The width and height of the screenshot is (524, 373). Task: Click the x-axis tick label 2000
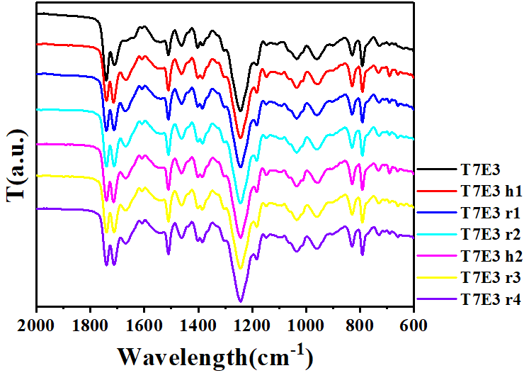pyautogui.click(x=35, y=326)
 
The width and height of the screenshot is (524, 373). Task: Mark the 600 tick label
pyautogui.click(x=414, y=326)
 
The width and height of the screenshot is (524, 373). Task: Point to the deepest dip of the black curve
pyautogui.click(x=241, y=111)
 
